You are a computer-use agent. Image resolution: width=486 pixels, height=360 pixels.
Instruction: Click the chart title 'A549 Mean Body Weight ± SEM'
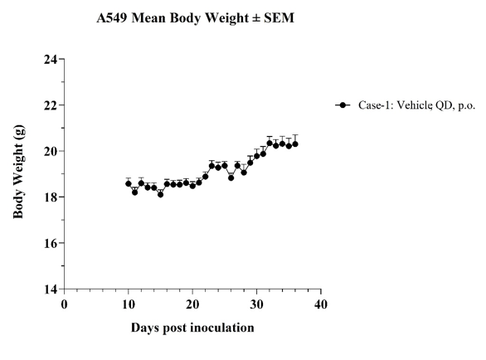coord(195,18)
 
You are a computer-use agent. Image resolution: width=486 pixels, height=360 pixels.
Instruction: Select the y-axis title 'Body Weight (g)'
coord(18,172)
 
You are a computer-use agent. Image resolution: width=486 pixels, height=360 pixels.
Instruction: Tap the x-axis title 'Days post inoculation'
coord(192,328)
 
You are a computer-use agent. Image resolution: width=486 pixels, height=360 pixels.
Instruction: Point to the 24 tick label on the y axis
coord(51,59)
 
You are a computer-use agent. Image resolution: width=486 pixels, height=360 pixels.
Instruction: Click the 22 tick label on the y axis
coord(51,105)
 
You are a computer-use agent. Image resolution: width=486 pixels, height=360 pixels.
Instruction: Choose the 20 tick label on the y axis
coord(51,151)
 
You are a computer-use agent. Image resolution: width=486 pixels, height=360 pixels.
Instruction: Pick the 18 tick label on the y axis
coord(51,197)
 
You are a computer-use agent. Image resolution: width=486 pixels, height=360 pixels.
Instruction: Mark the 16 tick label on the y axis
coord(51,243)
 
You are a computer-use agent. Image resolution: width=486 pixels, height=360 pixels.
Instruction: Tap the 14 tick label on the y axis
coord(51,289)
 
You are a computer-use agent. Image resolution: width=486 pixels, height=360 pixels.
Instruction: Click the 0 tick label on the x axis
coord(64,304)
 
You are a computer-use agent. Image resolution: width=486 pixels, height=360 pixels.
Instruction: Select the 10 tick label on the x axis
coord(129,304)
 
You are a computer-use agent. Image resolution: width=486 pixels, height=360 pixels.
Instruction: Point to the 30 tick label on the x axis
coord(256,304)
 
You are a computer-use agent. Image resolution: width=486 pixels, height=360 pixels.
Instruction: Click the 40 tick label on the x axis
coord(321,304)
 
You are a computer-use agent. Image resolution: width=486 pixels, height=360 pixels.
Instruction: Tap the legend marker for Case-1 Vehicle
coord(343,105)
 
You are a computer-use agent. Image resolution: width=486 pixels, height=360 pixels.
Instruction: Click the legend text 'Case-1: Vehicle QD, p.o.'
coord(417,105)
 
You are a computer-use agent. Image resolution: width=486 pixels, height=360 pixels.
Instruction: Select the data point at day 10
coord(129,183)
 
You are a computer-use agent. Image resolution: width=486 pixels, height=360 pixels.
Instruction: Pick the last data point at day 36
coord(295,144)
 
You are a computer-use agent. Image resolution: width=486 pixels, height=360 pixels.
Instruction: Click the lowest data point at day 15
coord(160,194)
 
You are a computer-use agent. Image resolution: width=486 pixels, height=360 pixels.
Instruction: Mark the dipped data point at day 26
coord(231,178)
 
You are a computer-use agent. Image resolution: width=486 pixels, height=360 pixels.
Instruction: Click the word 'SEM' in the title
coord(279,18)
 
